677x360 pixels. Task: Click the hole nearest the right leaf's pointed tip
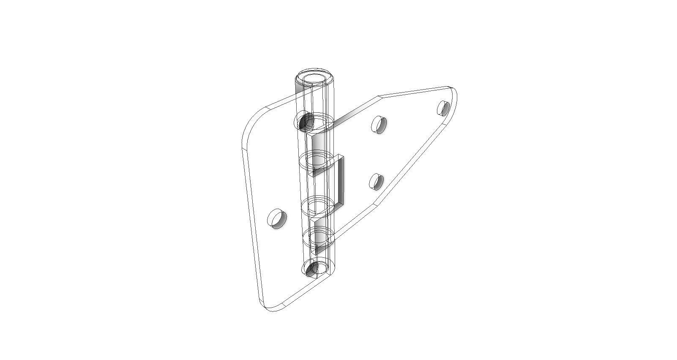[x=443, y=108]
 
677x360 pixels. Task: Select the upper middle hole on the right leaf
[x=379, y=124]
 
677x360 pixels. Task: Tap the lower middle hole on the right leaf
[x=376, y=182]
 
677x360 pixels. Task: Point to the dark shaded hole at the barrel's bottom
[x=313, y=269]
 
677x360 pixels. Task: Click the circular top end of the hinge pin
[x=314, y=78]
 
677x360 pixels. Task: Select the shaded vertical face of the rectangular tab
[x=340, y=180]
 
